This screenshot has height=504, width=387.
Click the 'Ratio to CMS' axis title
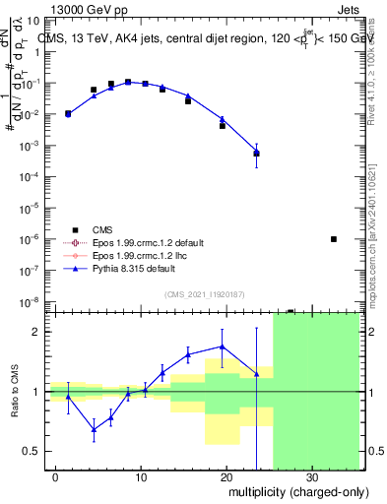[x=15, y=392]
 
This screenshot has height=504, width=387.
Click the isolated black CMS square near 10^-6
[x=334, y=239]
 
